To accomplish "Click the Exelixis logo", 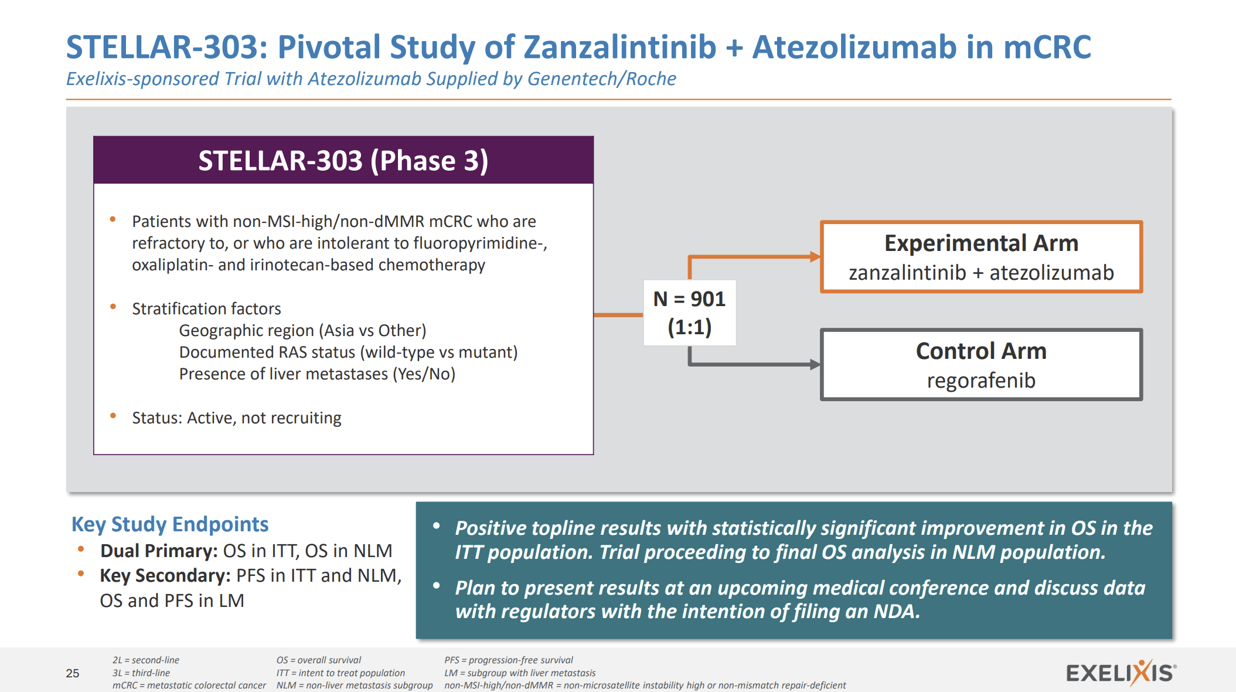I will (x=1120, y=673).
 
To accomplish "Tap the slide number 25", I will (x=73, y=673).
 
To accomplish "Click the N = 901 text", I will (x=689, y=299).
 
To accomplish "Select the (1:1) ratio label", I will (x=689, y=327).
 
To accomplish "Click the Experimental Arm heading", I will (x=981, y=243).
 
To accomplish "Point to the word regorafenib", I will (x=981, y=381).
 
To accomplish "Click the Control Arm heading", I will (x=981, y=351).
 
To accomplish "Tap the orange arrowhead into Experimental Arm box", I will (x=815, y=256).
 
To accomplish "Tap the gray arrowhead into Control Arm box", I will (x=815, y=364).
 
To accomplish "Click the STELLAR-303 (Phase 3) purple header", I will (x=343, y=161).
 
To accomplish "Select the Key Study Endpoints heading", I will (x=170, y=524).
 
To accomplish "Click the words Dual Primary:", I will (x=159, y=551).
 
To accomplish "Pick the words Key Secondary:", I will (x=165, y=575).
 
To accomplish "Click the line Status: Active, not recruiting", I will (x=236, y=418).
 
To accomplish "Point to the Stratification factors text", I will (x=206, y=308).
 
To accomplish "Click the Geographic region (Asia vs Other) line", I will (x=302, y=330).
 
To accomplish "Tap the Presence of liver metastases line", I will (x=317, y=374).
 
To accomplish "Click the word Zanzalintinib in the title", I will (x=619, y=47).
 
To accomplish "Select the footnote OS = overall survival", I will (x=319, y=660).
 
